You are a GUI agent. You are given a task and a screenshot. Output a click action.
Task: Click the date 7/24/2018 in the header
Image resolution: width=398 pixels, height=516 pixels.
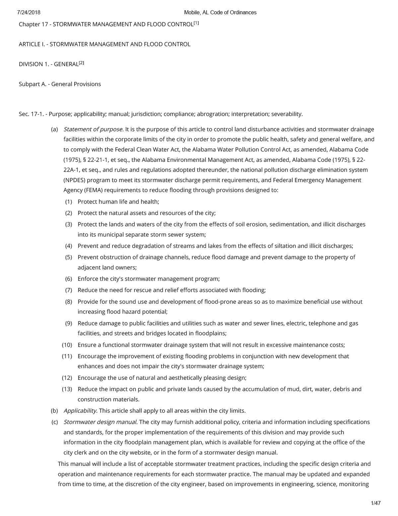29,13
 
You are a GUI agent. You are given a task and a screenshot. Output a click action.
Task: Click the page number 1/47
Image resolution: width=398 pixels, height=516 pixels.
376,503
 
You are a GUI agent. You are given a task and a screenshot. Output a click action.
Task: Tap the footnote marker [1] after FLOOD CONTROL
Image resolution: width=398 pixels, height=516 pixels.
196,23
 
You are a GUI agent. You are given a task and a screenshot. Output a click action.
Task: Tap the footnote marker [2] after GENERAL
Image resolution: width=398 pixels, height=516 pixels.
81,63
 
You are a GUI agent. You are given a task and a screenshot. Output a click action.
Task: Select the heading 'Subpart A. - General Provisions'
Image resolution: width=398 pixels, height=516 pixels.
60,84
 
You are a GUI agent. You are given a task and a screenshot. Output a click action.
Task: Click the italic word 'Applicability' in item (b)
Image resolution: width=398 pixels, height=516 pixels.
80,411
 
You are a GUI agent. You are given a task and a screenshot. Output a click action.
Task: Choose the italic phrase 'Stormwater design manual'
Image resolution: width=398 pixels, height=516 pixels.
100,422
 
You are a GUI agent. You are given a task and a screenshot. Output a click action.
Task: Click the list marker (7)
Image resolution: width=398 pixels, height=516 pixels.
68,290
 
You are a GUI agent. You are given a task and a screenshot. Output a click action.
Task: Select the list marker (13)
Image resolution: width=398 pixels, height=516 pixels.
67,389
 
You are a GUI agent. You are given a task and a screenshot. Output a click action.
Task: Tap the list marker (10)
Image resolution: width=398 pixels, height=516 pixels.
67,345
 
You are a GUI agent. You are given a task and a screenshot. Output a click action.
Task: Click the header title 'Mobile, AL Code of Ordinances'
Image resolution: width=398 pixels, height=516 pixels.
220,13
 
